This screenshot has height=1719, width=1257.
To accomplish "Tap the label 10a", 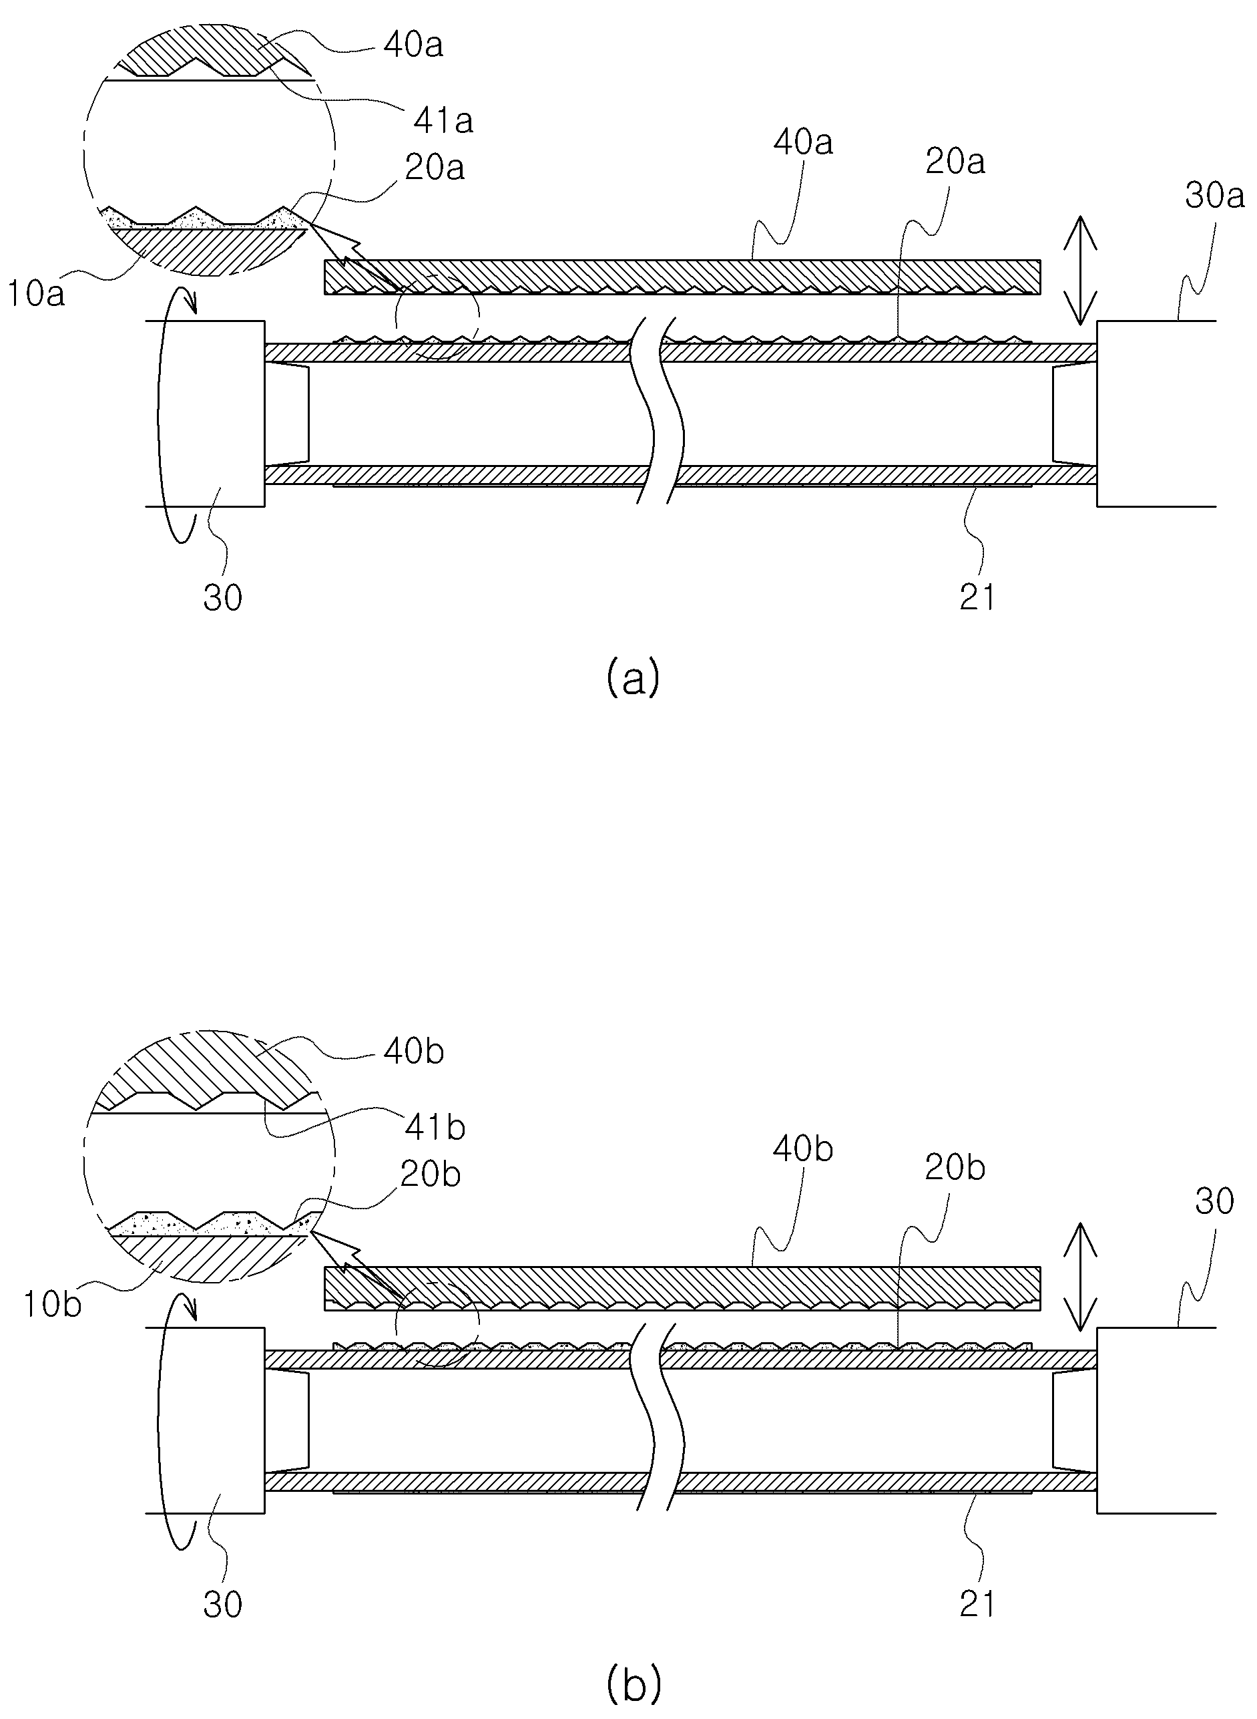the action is (x=37, y=294).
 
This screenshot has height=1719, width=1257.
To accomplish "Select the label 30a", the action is (x=1214, y=196).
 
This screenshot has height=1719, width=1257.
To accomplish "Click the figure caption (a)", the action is (x=632, y=677).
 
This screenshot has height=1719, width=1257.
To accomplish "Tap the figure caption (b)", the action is (x=633, y=1684).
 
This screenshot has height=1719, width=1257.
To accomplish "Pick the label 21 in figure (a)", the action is (x=977, y=598).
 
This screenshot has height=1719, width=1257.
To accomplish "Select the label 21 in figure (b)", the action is (x=977, y=1604).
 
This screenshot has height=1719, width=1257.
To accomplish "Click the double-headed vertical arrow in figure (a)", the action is (x=1079, y=271).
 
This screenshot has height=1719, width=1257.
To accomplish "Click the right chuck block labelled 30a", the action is (x=1157, y=414).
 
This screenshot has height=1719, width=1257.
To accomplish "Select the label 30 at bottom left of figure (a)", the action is (x=223, y=598).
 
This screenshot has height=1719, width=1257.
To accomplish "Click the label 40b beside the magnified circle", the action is (x=413, y=1052).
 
